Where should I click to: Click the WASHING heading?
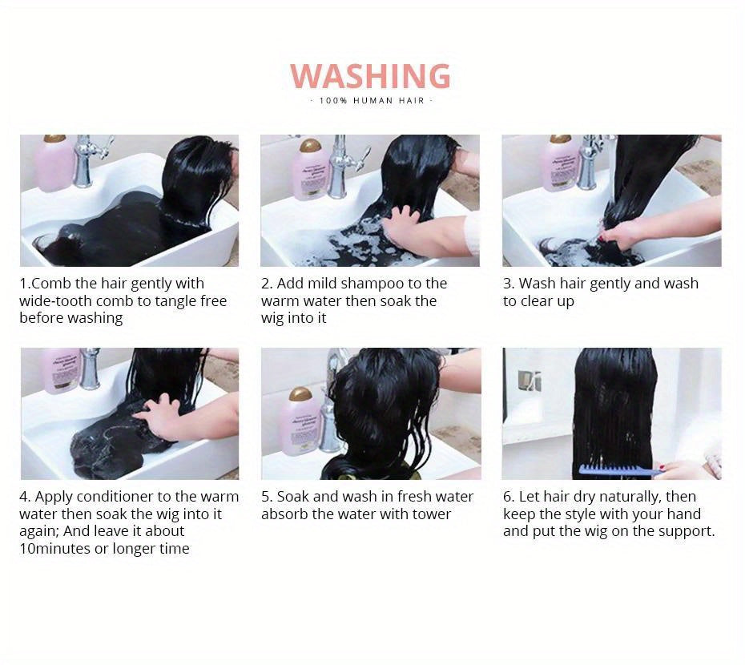(x=370, y=76)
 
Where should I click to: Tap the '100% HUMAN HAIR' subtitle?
(x=371, y=101)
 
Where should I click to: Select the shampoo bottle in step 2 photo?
(x=311, y=169)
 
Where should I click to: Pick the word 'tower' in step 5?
(x=432, y=514)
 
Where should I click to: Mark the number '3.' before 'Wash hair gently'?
(x=509, y=284)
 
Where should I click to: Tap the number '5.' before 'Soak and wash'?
(x=267, y=497)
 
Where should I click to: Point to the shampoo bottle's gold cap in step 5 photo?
(x=300, y=394)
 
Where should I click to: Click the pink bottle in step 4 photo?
(x=61, y=371)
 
